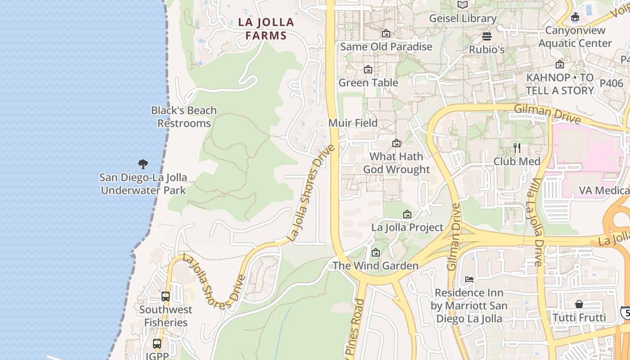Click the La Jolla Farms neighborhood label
point(266,28)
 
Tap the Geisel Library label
point(463,18)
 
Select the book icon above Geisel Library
point(463,5)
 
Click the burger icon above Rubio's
point(487,36)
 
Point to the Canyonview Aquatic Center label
point(575,37)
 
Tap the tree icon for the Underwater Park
point(143,164)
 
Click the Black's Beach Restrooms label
point(184,117)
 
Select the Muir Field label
point(353,123)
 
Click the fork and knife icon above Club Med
point(517,148)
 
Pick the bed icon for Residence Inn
point(469,279)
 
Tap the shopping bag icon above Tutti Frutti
point(579,304)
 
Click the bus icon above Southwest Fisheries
point(166,297)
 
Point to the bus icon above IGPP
point(157,344)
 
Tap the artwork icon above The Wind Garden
point(376,252)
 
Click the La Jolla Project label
point(407,227)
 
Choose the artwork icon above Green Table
point(368,70)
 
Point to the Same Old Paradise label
point(386,46)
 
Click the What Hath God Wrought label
point(396,163)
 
